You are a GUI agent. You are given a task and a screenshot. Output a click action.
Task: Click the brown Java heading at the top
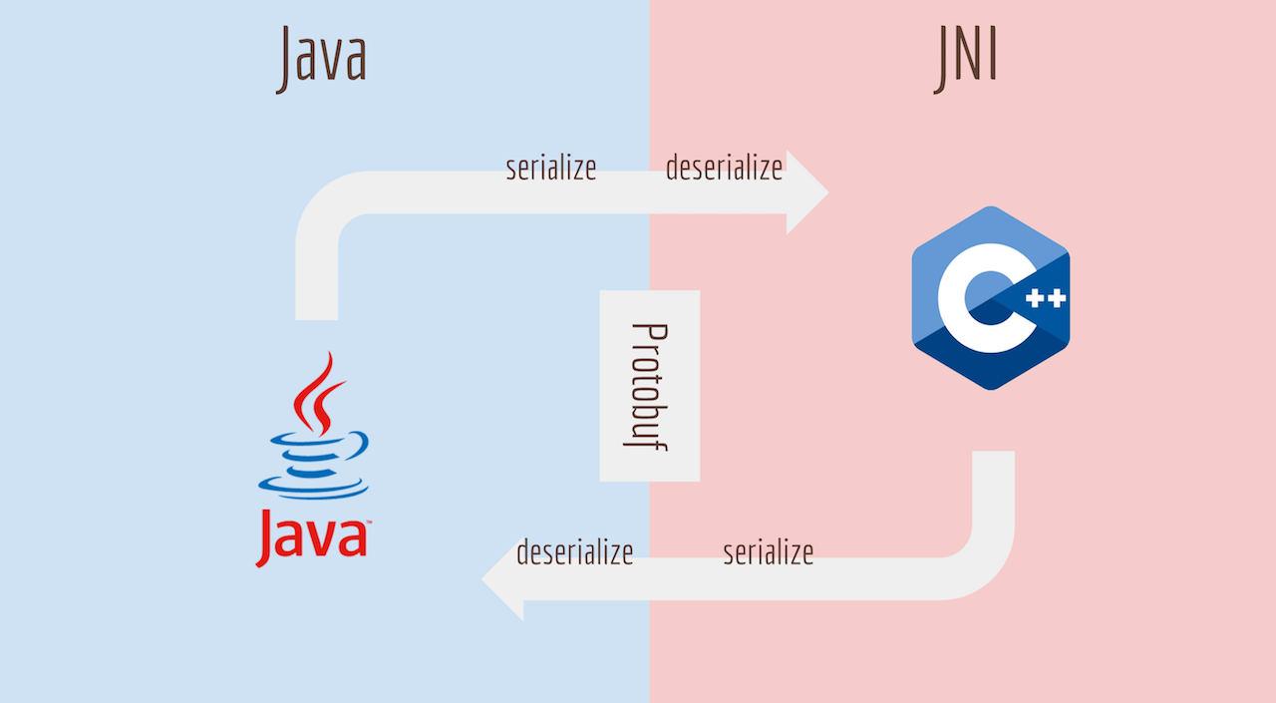[x=321, y=57]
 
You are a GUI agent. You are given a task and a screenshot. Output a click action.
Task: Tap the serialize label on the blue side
[x=550, y=168]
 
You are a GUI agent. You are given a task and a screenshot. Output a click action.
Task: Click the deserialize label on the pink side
[x=724, y=168]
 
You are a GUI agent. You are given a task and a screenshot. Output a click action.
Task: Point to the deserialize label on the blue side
[x=574, y=551]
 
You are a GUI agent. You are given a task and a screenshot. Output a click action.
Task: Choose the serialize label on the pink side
[x=768, y=551]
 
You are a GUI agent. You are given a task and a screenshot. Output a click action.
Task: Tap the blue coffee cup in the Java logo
[x=312, y=464]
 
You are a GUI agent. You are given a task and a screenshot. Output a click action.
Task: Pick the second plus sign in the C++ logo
[x=1056, y=298]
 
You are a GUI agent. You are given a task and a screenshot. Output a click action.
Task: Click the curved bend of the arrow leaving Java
[x=329, y=204]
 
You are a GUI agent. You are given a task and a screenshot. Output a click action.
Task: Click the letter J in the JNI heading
[x=943, y=60]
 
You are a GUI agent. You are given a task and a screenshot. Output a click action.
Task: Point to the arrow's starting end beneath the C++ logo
[x=993, y=464]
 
